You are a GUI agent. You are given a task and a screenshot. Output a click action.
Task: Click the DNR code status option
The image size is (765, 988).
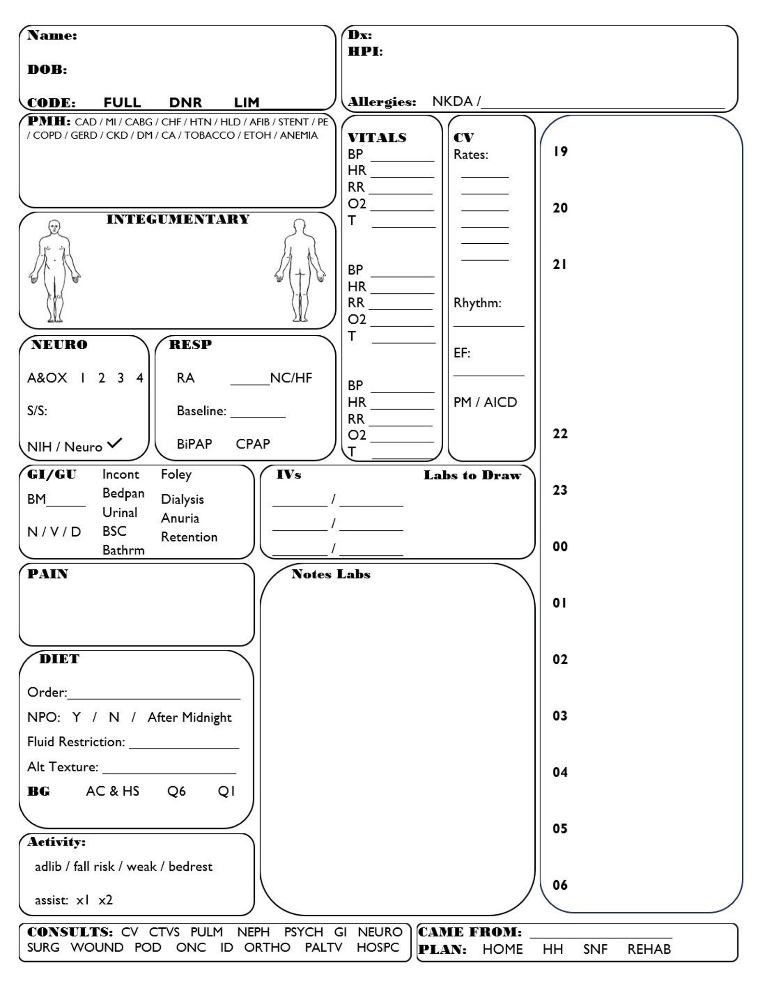pyautogui.click(x=185, y=103)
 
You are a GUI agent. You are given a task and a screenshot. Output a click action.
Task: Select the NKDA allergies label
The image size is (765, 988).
pyautogui.click(x=452, y=101)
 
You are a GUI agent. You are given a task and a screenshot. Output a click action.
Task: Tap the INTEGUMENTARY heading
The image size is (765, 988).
pyautogui.click(x=178, y=220)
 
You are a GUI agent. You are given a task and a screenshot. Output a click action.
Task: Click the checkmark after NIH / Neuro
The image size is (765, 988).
pyautogui.click(x=115, y=443)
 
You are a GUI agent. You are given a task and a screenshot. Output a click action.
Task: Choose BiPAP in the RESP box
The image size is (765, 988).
pyautogui.click(x=194, y=444)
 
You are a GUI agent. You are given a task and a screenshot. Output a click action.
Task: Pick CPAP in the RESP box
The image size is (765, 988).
pyautogui.click(x=252, y=444)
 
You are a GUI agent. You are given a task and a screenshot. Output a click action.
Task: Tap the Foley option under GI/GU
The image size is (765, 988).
pyautogui.click(x=176, y=474)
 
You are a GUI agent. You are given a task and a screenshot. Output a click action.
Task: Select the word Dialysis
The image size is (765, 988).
pyautogui.click(x=182, y=500)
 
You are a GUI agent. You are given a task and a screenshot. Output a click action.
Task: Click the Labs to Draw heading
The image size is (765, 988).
pyautogui.click(x=472, y=475)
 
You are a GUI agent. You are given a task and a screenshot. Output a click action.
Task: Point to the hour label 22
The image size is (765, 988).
pyautogui.click(x=560, y=434)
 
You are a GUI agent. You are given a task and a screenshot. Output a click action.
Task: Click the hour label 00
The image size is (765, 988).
pyautogui.click(x=560, y=547)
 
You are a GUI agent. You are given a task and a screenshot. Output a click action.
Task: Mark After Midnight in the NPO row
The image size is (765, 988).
pyautogui.click(x=189, y=717)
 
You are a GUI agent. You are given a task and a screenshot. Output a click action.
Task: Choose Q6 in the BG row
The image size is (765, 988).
pyautogui.click(x=176, y=791)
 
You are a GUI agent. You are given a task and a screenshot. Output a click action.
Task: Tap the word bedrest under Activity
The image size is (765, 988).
pyautogui.click(x=190, y=867)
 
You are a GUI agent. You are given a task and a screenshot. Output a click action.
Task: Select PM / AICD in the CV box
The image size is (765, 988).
pyautogui.click(x=485, y=402)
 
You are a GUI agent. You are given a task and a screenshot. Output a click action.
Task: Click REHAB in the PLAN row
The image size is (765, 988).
pyautogui.click(x=648, y=949)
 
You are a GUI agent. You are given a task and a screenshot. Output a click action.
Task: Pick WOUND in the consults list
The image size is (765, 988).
pyautogui.click(x=97, y=948)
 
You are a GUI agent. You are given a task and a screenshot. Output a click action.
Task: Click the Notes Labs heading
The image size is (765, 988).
pyautogui.click(x=330, y=574)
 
